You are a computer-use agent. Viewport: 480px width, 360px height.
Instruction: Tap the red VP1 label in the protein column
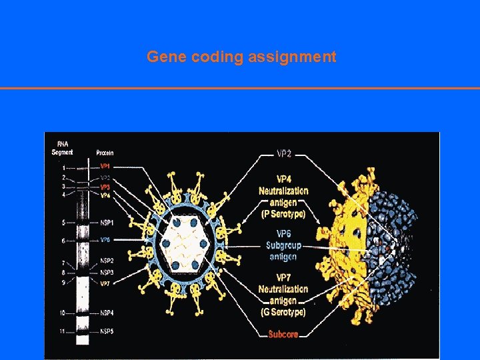coord(105,166)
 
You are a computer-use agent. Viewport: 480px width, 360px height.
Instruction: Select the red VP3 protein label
coord(105,187)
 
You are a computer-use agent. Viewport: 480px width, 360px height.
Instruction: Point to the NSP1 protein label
coord(107,222)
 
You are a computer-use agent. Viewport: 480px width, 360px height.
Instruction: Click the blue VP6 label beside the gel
coord(105,240)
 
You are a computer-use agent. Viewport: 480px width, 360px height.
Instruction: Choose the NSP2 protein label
coord(107,261)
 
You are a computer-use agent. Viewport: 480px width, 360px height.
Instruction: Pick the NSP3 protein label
coord(107,272)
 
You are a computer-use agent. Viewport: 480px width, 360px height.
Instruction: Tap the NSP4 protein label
coord(107,312)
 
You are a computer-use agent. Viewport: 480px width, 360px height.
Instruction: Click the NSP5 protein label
coord(107,331)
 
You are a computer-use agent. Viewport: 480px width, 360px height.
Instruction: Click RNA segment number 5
coord(63,222)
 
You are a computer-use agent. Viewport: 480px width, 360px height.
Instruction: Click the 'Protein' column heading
coord(105,153)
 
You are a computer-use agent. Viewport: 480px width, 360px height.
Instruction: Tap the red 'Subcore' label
coord(283,335)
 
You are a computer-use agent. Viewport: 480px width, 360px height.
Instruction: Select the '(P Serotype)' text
coord(283,214)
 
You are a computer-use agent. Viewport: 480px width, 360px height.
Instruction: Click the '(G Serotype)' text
coord(283,312)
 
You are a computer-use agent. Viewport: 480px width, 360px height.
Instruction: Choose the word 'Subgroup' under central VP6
coord(283,245)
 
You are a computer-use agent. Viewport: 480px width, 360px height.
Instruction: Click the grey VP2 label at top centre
coord(283,154)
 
